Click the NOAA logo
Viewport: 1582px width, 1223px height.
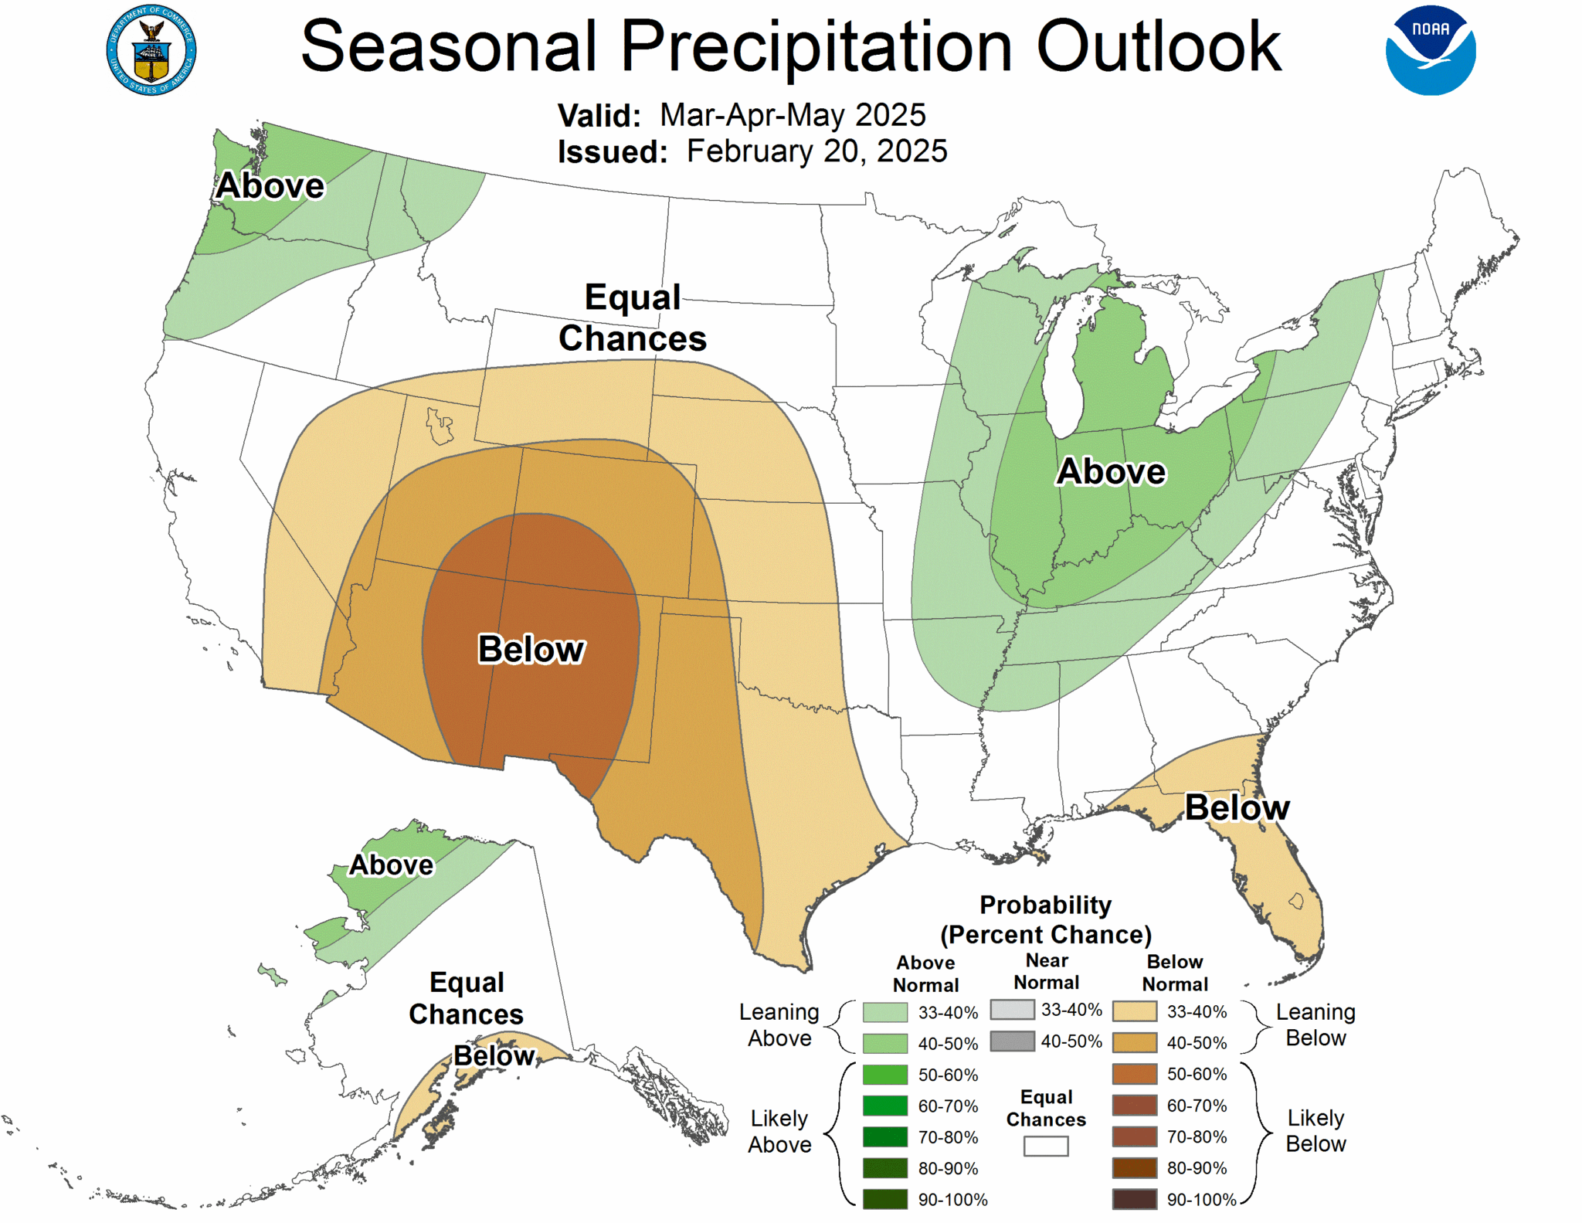1430,50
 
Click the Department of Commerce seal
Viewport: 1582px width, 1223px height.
151,50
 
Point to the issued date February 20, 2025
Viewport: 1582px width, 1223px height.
816,151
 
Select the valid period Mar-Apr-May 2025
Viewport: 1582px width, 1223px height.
793,115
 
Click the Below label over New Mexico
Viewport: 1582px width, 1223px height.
531,649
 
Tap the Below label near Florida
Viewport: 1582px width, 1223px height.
1237,808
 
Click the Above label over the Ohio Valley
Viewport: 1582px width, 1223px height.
1111,471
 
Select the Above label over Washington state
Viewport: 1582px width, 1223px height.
270,186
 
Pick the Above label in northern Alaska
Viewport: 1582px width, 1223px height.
392,865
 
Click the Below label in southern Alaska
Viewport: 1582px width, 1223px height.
494,1055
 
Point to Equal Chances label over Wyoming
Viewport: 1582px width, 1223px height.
632,318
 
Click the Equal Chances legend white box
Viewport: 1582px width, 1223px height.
1046,1147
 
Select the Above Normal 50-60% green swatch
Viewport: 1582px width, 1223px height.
884,1075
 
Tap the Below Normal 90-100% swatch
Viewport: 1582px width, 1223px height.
1135,1199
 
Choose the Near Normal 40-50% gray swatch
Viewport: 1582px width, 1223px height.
1012,1041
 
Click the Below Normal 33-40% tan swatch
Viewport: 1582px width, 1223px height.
1135,1011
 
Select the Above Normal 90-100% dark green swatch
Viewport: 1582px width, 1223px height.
884,1199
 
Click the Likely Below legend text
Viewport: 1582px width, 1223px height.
1316,1131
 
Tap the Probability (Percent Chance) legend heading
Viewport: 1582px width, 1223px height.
1046,919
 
